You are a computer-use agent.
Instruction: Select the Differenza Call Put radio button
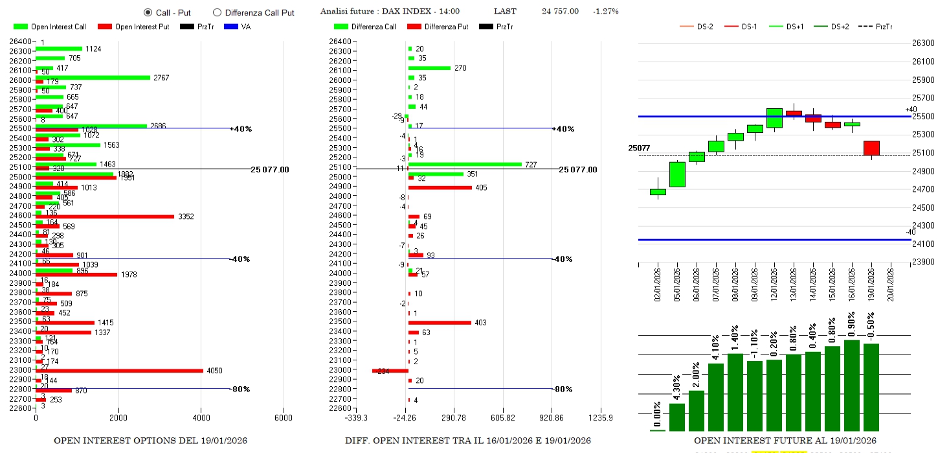click(217, 12)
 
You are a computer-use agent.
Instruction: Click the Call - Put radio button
click(148, 12)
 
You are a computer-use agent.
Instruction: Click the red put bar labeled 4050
click(119, 371)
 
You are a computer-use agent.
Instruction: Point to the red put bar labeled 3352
click(105, 216)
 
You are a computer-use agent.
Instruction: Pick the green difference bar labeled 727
click(465, 165)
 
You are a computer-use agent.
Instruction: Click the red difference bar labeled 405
click(440, 188)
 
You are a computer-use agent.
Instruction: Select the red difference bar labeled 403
click(440, 322)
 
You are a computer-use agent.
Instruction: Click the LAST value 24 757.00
click(560, 12)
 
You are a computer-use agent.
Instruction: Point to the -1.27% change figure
click(606, 12)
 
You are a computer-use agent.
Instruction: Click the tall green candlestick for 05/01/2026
click(677, 174)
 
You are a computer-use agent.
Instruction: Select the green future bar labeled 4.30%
click(676, 417)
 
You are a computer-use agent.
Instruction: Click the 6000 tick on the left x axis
click(284, 417)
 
